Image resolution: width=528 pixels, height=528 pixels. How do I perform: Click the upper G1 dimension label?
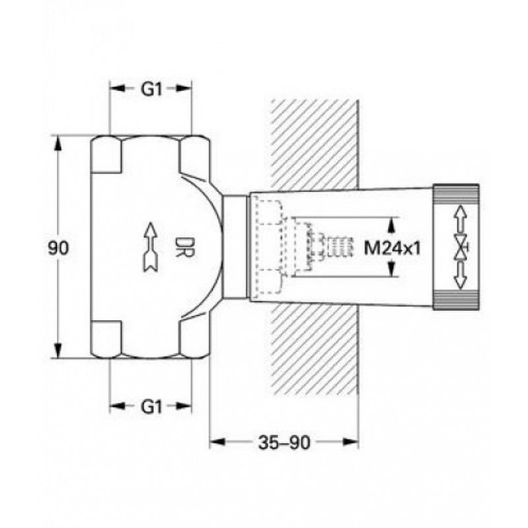point(151,89)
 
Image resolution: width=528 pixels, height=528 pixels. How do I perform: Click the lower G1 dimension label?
point(151,407)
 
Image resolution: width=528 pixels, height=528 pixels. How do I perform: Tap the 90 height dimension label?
point(58,248)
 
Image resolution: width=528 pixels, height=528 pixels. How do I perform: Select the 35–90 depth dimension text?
point(284,442)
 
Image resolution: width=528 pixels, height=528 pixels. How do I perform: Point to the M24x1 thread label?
point(393,249)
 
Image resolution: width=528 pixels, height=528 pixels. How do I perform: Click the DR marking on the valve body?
point(184,247)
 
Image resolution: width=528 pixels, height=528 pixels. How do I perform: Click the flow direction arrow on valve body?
point(150,247)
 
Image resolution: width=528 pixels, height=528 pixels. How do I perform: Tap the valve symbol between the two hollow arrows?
point(461,247)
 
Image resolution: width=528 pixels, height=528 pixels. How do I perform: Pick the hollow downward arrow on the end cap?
point(460,275)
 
